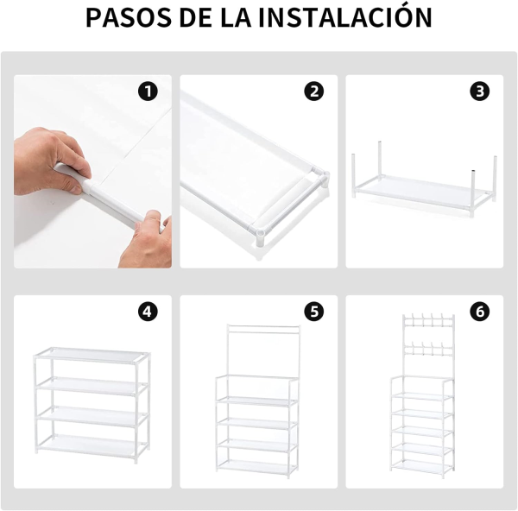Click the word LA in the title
click(236, 17)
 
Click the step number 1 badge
click(148, 91)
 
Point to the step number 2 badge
click(314, 91)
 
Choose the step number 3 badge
click(480, 91)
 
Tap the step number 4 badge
click(148, 312)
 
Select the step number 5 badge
click(314, 312)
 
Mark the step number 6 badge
click(480, 312)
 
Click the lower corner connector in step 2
click(259, 237)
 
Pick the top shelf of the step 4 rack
click(92, 355)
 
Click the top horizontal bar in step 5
click(263, 327)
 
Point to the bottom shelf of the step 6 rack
click(421, 466)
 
